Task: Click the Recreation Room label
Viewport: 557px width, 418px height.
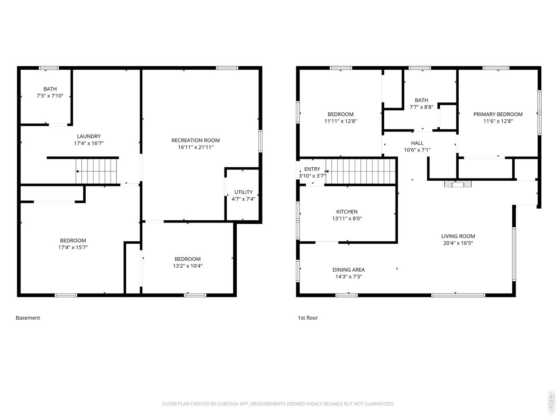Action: pos(195,140)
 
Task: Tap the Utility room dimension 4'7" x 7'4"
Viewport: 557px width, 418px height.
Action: pos(243,199)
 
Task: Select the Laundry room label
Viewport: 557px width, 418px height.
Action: pos(89,136)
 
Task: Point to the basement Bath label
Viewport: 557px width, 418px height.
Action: pos(50,89)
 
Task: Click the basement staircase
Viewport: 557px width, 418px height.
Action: pos(96,171)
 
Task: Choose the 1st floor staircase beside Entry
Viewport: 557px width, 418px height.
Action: pos(361,171)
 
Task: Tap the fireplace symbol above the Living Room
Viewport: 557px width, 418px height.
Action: pos(457,184)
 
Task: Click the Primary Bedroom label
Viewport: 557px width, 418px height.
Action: pos(498,114)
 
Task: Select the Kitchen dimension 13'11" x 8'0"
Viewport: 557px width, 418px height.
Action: pos(347,219)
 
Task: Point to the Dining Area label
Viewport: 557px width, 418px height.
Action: pos(349,270)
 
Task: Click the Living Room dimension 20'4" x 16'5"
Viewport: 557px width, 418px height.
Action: pos(458,243)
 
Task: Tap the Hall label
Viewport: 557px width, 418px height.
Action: pos(417,143)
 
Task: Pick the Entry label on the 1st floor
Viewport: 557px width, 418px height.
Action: pos(312,169)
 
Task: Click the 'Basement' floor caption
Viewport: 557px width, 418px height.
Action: pos(28,318)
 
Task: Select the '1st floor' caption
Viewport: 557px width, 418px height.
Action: pos(308,318)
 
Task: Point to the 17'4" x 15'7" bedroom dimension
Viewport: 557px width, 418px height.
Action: pos(73,247)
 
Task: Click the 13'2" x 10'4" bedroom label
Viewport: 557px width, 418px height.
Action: pos(188,259)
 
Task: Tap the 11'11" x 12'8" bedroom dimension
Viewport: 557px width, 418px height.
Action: pos(341,121)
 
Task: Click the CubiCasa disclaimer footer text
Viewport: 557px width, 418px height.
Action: pos(278,404)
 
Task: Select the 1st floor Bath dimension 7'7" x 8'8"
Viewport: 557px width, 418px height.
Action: pos(421,107)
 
